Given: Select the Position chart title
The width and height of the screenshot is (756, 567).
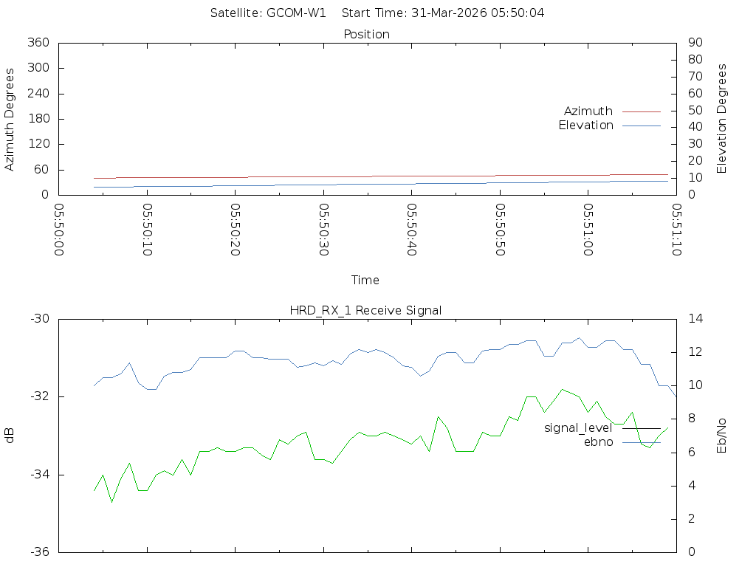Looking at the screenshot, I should click(x=367, y=34).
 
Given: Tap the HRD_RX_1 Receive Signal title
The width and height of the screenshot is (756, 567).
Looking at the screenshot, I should click(x=366, y=310).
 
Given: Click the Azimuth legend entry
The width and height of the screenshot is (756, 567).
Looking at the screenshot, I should click(x=588, y=111).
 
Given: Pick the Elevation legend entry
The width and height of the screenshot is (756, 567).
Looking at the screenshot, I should click(x=586, y=126).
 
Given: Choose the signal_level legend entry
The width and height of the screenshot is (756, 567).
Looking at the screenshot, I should click(x=578, y=427).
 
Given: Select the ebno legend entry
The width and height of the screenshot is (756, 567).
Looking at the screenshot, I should click(x=599, y=441).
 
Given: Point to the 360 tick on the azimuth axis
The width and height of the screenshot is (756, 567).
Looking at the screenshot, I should click(x=38, y=43).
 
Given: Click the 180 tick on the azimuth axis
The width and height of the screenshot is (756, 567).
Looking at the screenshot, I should click(x=38, y=119).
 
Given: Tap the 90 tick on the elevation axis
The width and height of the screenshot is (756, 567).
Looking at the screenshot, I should click(x=695, y=43).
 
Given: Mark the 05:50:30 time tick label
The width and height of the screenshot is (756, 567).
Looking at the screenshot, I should click(x=323, y=230).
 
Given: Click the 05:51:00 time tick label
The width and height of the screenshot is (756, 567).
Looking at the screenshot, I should click(x=588, y=230).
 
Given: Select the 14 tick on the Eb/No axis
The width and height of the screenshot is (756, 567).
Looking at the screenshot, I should click(x=695, y=319).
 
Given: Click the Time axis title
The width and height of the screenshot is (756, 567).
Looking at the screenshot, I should click(x=365, y=280).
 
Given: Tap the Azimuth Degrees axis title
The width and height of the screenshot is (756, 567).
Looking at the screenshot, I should click(x=10, y=119).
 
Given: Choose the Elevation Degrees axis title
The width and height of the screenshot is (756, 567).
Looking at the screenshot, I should click(x=722, y=118).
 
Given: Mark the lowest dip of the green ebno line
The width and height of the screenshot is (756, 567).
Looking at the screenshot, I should click(x=112, y=502).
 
